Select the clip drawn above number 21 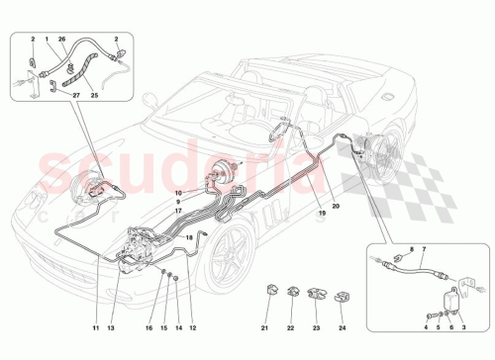point(270,290)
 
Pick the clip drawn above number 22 point(294,290)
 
